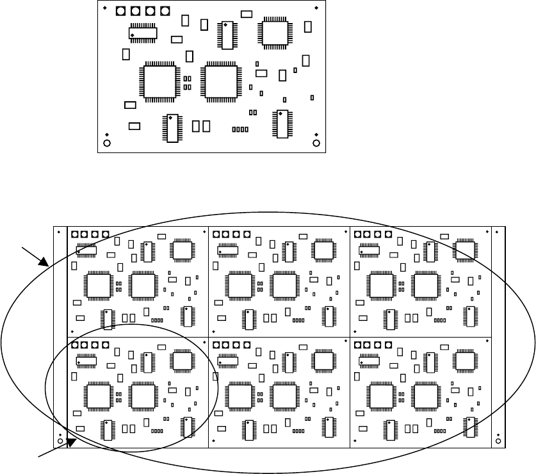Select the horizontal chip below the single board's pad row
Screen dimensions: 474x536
(143, 33)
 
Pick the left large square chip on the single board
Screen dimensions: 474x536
(161, 82)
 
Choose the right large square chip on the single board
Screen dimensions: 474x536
(220, 82)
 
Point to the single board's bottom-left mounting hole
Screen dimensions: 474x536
(107, 142)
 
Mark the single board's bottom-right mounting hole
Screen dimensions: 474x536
(316, 142)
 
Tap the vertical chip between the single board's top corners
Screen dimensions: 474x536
(227, 36)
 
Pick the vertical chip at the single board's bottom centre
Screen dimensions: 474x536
(171, 128)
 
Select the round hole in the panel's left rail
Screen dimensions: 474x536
(60, 441)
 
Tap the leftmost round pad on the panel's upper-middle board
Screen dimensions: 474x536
(216, 234)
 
